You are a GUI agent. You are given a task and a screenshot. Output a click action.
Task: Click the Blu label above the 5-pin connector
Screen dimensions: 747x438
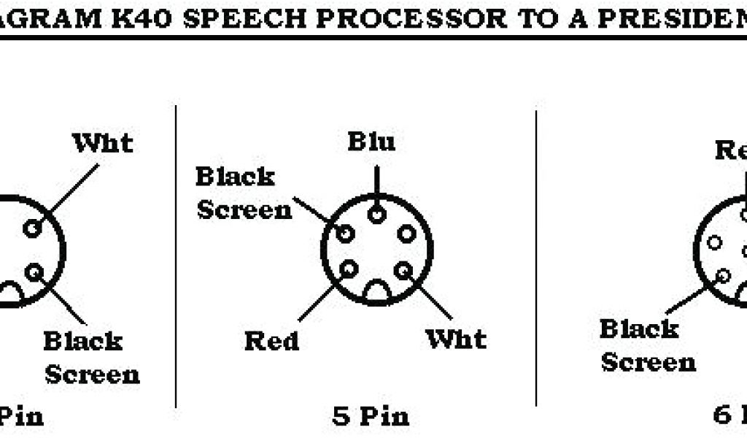click(x=371, y=141)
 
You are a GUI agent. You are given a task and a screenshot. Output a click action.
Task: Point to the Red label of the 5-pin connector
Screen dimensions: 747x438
click(x=271, y=341)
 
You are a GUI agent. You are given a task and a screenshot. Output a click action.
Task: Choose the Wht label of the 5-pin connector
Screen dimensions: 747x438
click(x=456, y=339)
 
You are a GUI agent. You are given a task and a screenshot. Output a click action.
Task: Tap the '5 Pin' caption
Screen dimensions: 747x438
click(x=371, y=417)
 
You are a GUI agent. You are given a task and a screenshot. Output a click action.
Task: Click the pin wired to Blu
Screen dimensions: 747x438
click(x=377, y=214)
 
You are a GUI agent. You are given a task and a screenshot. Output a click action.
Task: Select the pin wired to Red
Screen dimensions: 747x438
click(x=349, y=269)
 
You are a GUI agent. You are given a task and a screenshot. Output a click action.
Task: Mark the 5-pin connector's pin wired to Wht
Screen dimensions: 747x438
click(x=402, y=270)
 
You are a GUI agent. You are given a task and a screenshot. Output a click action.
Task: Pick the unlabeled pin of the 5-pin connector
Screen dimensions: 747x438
click(x=406, y=234)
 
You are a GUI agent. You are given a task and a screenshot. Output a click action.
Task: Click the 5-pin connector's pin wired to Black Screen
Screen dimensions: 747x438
click(x=345, y=234)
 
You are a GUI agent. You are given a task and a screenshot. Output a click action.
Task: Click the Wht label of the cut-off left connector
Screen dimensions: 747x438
click(x=102, y=143)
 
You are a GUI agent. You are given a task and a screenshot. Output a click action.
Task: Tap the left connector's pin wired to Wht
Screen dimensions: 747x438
click(x=32, y=228)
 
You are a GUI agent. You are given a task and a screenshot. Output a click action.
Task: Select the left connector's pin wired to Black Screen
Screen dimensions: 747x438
click(x=34, y=272)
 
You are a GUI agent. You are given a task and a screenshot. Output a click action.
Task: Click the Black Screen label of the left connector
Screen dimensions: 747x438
click(x=92, y=358)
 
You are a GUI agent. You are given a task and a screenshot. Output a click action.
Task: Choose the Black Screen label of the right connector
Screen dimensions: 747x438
click(x=648, y=345)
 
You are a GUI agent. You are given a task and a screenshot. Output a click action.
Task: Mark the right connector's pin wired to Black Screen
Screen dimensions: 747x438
click(x=724, y=275)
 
